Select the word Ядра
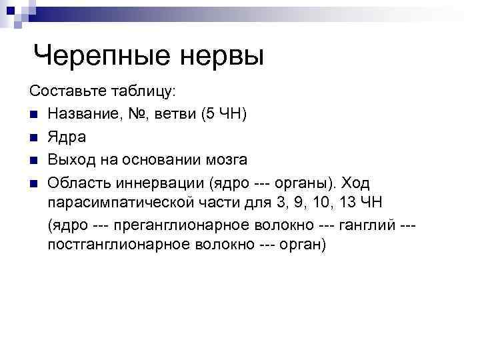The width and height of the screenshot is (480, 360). pos(67,137)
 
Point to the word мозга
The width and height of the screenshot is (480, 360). pos(227,160)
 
